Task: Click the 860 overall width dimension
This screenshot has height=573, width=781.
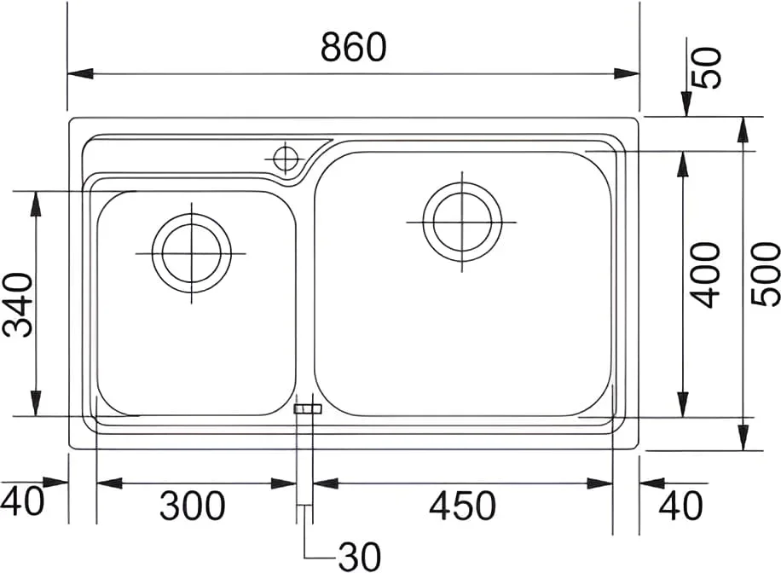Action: (x=353, y=47)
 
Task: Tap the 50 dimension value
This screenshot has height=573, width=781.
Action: (x=708, y=68)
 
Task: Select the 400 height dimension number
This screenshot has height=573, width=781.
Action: (x=705, y=275)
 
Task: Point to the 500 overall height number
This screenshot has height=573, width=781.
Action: (x=765, y=274)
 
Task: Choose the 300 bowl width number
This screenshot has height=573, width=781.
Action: (x=192, y=506)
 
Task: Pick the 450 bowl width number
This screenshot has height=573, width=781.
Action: (x=463, y=506)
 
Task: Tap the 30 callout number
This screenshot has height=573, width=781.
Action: (x=360, y=556)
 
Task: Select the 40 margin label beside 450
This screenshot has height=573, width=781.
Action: (x=681, y=506)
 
